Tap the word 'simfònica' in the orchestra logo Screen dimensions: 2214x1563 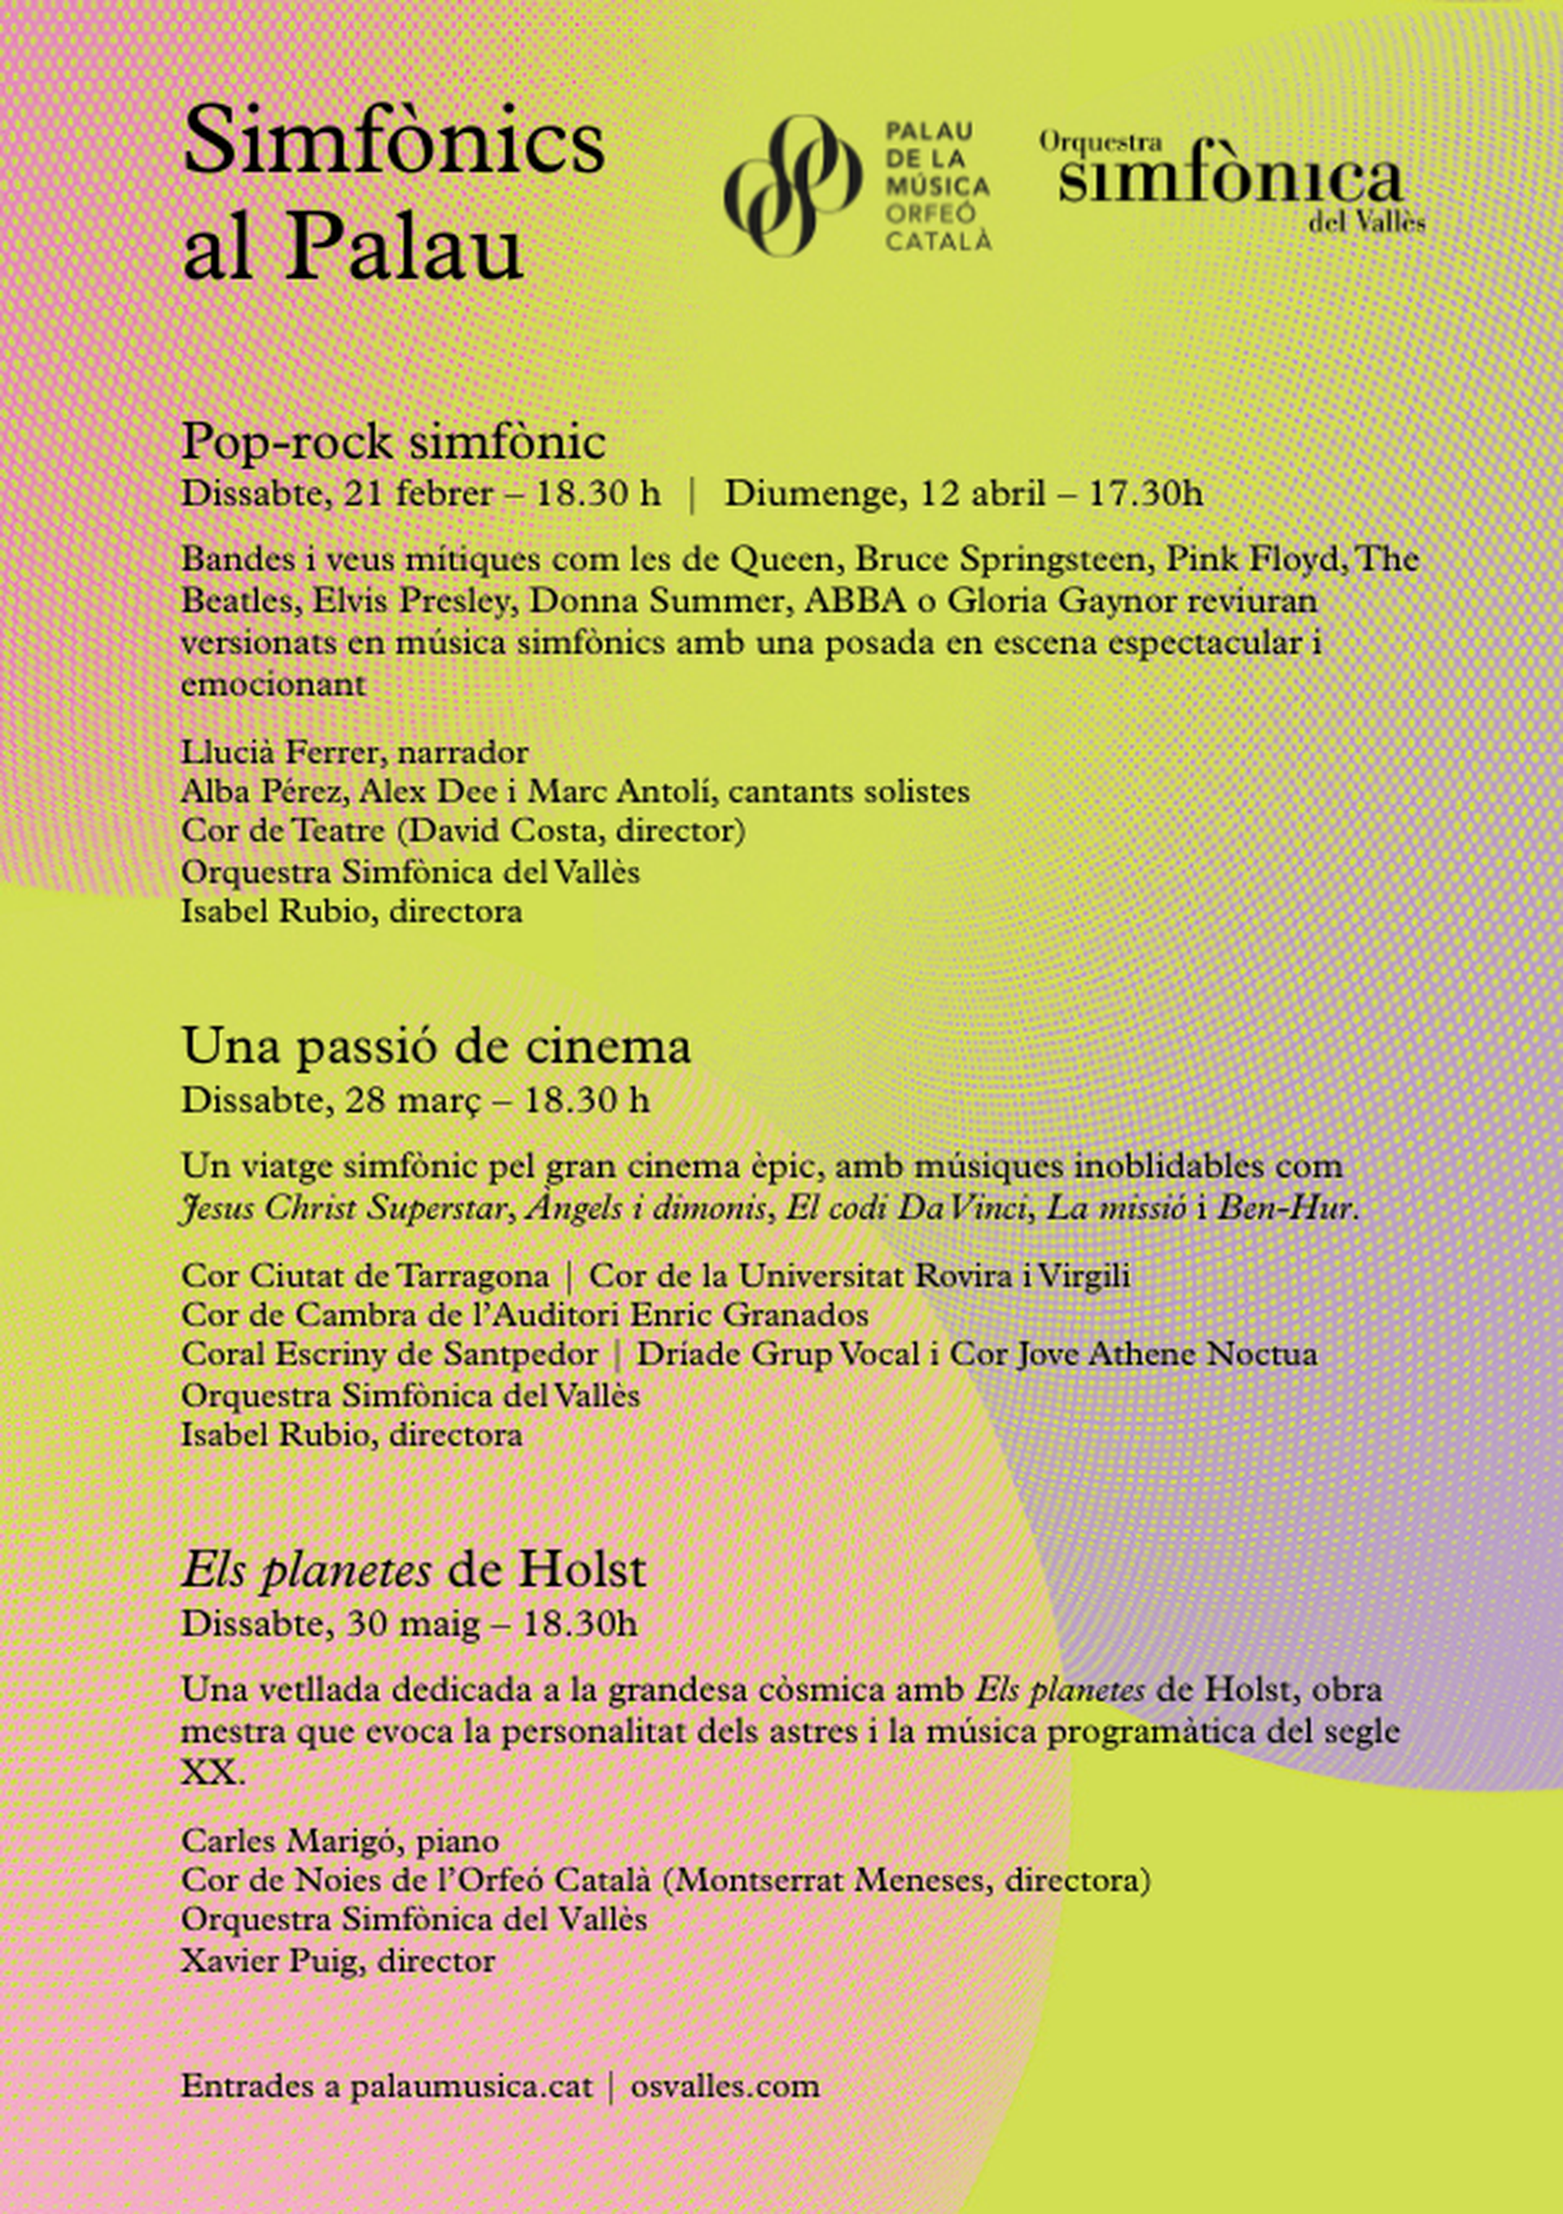[x=1229, y=178]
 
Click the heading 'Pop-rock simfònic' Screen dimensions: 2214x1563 [x=392, y=443]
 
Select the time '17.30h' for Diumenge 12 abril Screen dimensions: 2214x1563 [x=1145, y=494]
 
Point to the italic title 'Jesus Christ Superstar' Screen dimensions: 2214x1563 [x=342, y=1208]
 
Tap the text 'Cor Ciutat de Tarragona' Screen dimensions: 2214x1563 [x=365, y=1275]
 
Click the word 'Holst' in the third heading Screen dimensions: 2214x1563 [x=581, y=1571]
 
